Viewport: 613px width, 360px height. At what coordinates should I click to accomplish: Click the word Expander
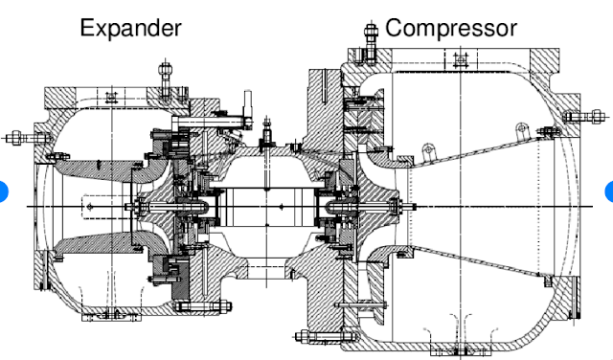pyautogui.click(x=130, y=28)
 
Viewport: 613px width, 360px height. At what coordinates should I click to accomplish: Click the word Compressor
pyautogui.click(x=450, y=28)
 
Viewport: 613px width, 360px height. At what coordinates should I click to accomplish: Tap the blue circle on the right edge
pyautogui.click(x=610, y=191)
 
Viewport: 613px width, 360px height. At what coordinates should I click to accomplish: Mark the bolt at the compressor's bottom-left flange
pyautogui.click(x=305, y=336)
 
